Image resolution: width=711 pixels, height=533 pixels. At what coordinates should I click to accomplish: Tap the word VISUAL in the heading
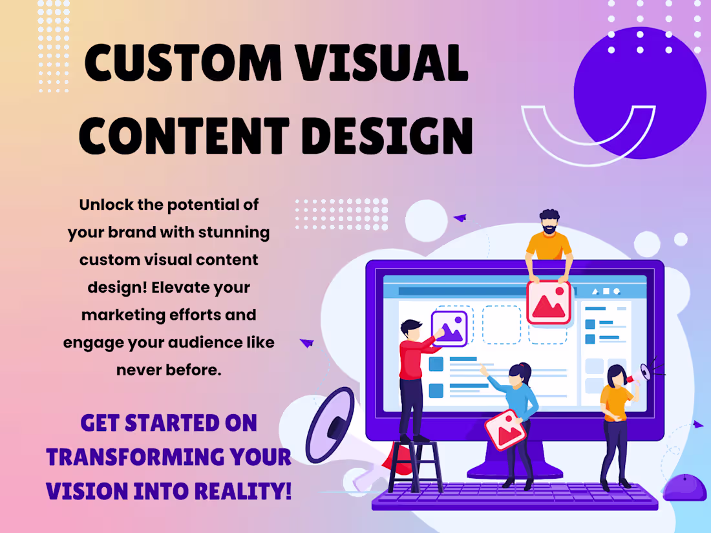pos(388,65)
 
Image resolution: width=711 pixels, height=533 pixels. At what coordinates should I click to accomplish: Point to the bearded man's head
pos(548,222)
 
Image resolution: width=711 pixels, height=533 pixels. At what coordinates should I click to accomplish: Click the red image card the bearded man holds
pos(549,302)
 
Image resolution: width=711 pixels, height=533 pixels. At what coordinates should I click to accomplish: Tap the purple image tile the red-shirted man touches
pos(449,328)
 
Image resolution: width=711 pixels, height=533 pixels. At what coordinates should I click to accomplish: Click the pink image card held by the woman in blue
pos(505,430)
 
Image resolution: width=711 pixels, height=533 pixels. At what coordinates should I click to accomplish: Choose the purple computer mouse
pos(685,487)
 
